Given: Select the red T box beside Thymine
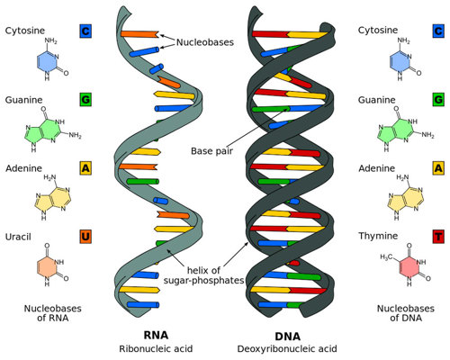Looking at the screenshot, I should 438,238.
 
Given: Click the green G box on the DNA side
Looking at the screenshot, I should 438,99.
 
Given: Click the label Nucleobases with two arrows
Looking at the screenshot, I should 203,41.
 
